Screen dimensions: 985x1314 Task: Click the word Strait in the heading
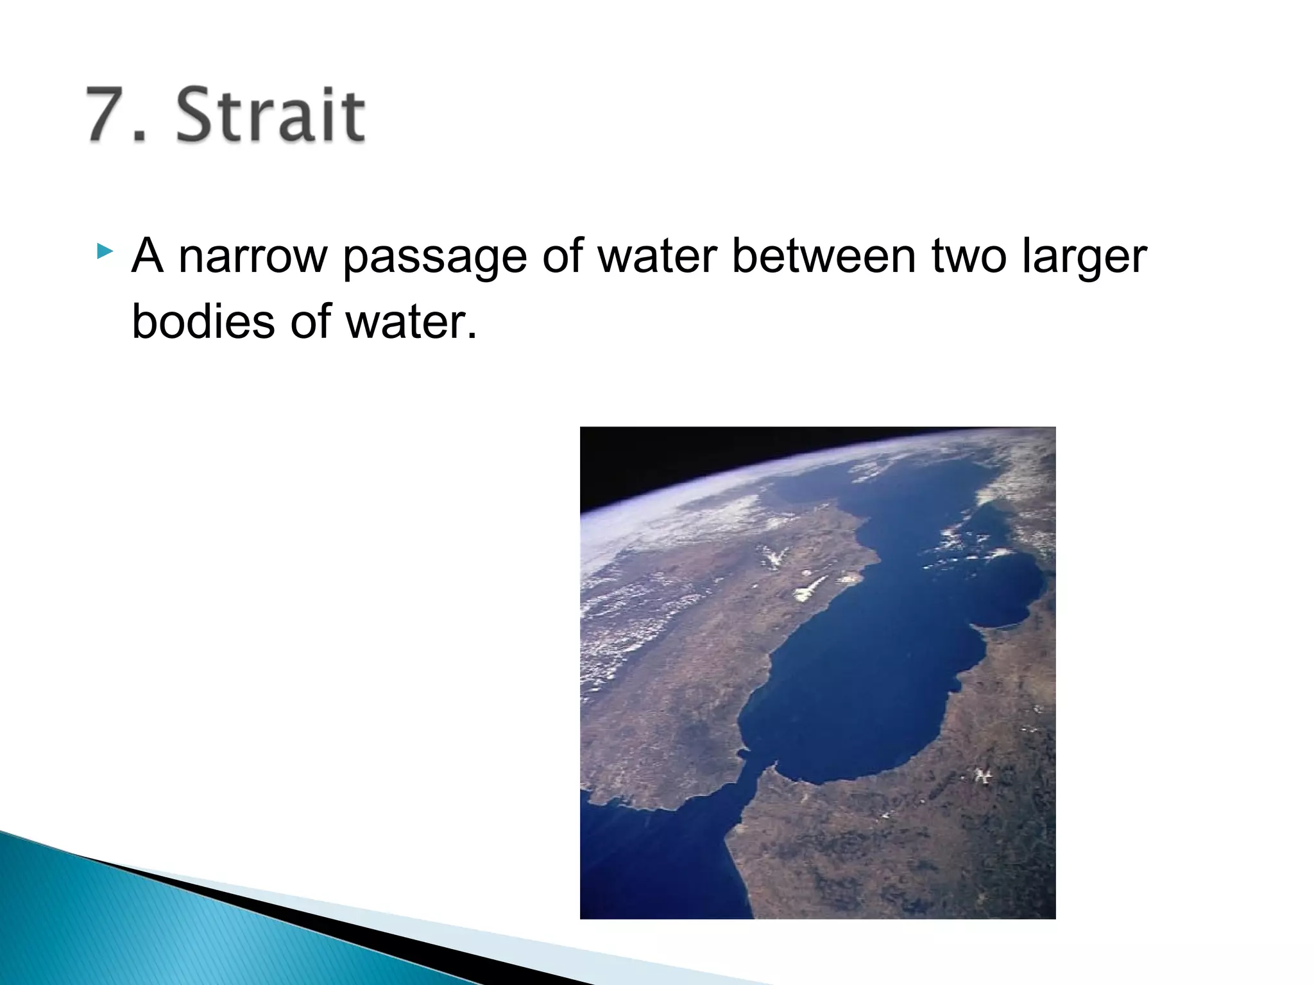coord(270,115)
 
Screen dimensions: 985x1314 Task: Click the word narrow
coord(252,257)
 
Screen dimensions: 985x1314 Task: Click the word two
coord(968,257)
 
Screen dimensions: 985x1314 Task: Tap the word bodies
coord(203,321)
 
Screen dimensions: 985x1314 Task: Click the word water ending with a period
coord(411,321)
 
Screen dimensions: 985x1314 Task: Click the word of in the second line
coord(311,321)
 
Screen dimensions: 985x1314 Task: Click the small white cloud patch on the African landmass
coord(981,776)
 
